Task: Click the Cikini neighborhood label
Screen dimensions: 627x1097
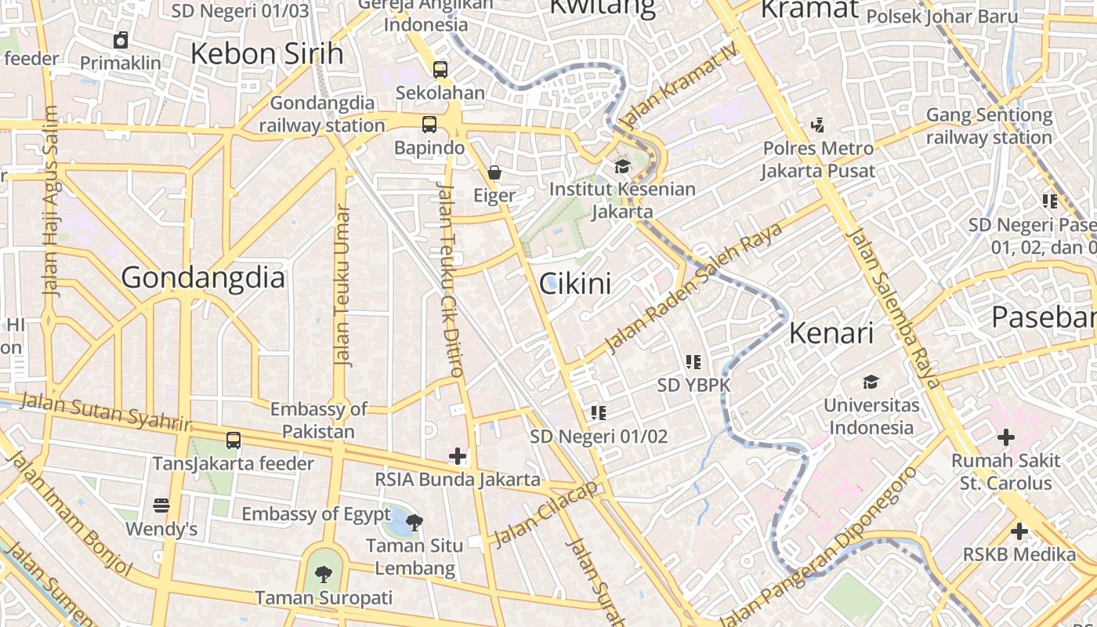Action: tap(575, 284)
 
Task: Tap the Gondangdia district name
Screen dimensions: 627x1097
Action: tap(203, 278)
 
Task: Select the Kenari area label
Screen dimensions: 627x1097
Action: tap(831, 333)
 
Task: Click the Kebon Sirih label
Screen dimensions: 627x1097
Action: tap(267, 54)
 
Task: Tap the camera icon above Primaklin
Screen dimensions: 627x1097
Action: tap(121, 40)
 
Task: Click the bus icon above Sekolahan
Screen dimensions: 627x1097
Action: tap(440, 69)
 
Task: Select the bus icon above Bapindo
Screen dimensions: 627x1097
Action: tap(429, 124)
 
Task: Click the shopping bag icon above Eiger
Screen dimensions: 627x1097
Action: tap(494, 172)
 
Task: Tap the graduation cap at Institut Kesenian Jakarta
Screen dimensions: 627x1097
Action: tap(622, 166)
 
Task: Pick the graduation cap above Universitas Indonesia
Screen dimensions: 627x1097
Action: tap(871, 382)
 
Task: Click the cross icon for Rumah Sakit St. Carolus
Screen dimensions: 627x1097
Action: tap(1006, 437)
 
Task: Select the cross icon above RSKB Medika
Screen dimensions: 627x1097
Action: tap(1019, 532)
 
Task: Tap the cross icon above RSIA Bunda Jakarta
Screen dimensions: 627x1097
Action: tap(458, 455)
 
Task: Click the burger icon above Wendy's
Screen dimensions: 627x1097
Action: tap(161, 506)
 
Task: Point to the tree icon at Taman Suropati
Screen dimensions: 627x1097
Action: tap(323, 574)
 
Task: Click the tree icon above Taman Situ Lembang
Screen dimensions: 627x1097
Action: tap(415, 522)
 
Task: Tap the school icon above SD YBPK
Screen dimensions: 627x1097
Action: tap(693, 361)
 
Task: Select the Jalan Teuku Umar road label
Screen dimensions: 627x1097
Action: tap(342, 286)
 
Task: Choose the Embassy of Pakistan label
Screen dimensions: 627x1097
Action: tap(318, 420)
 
